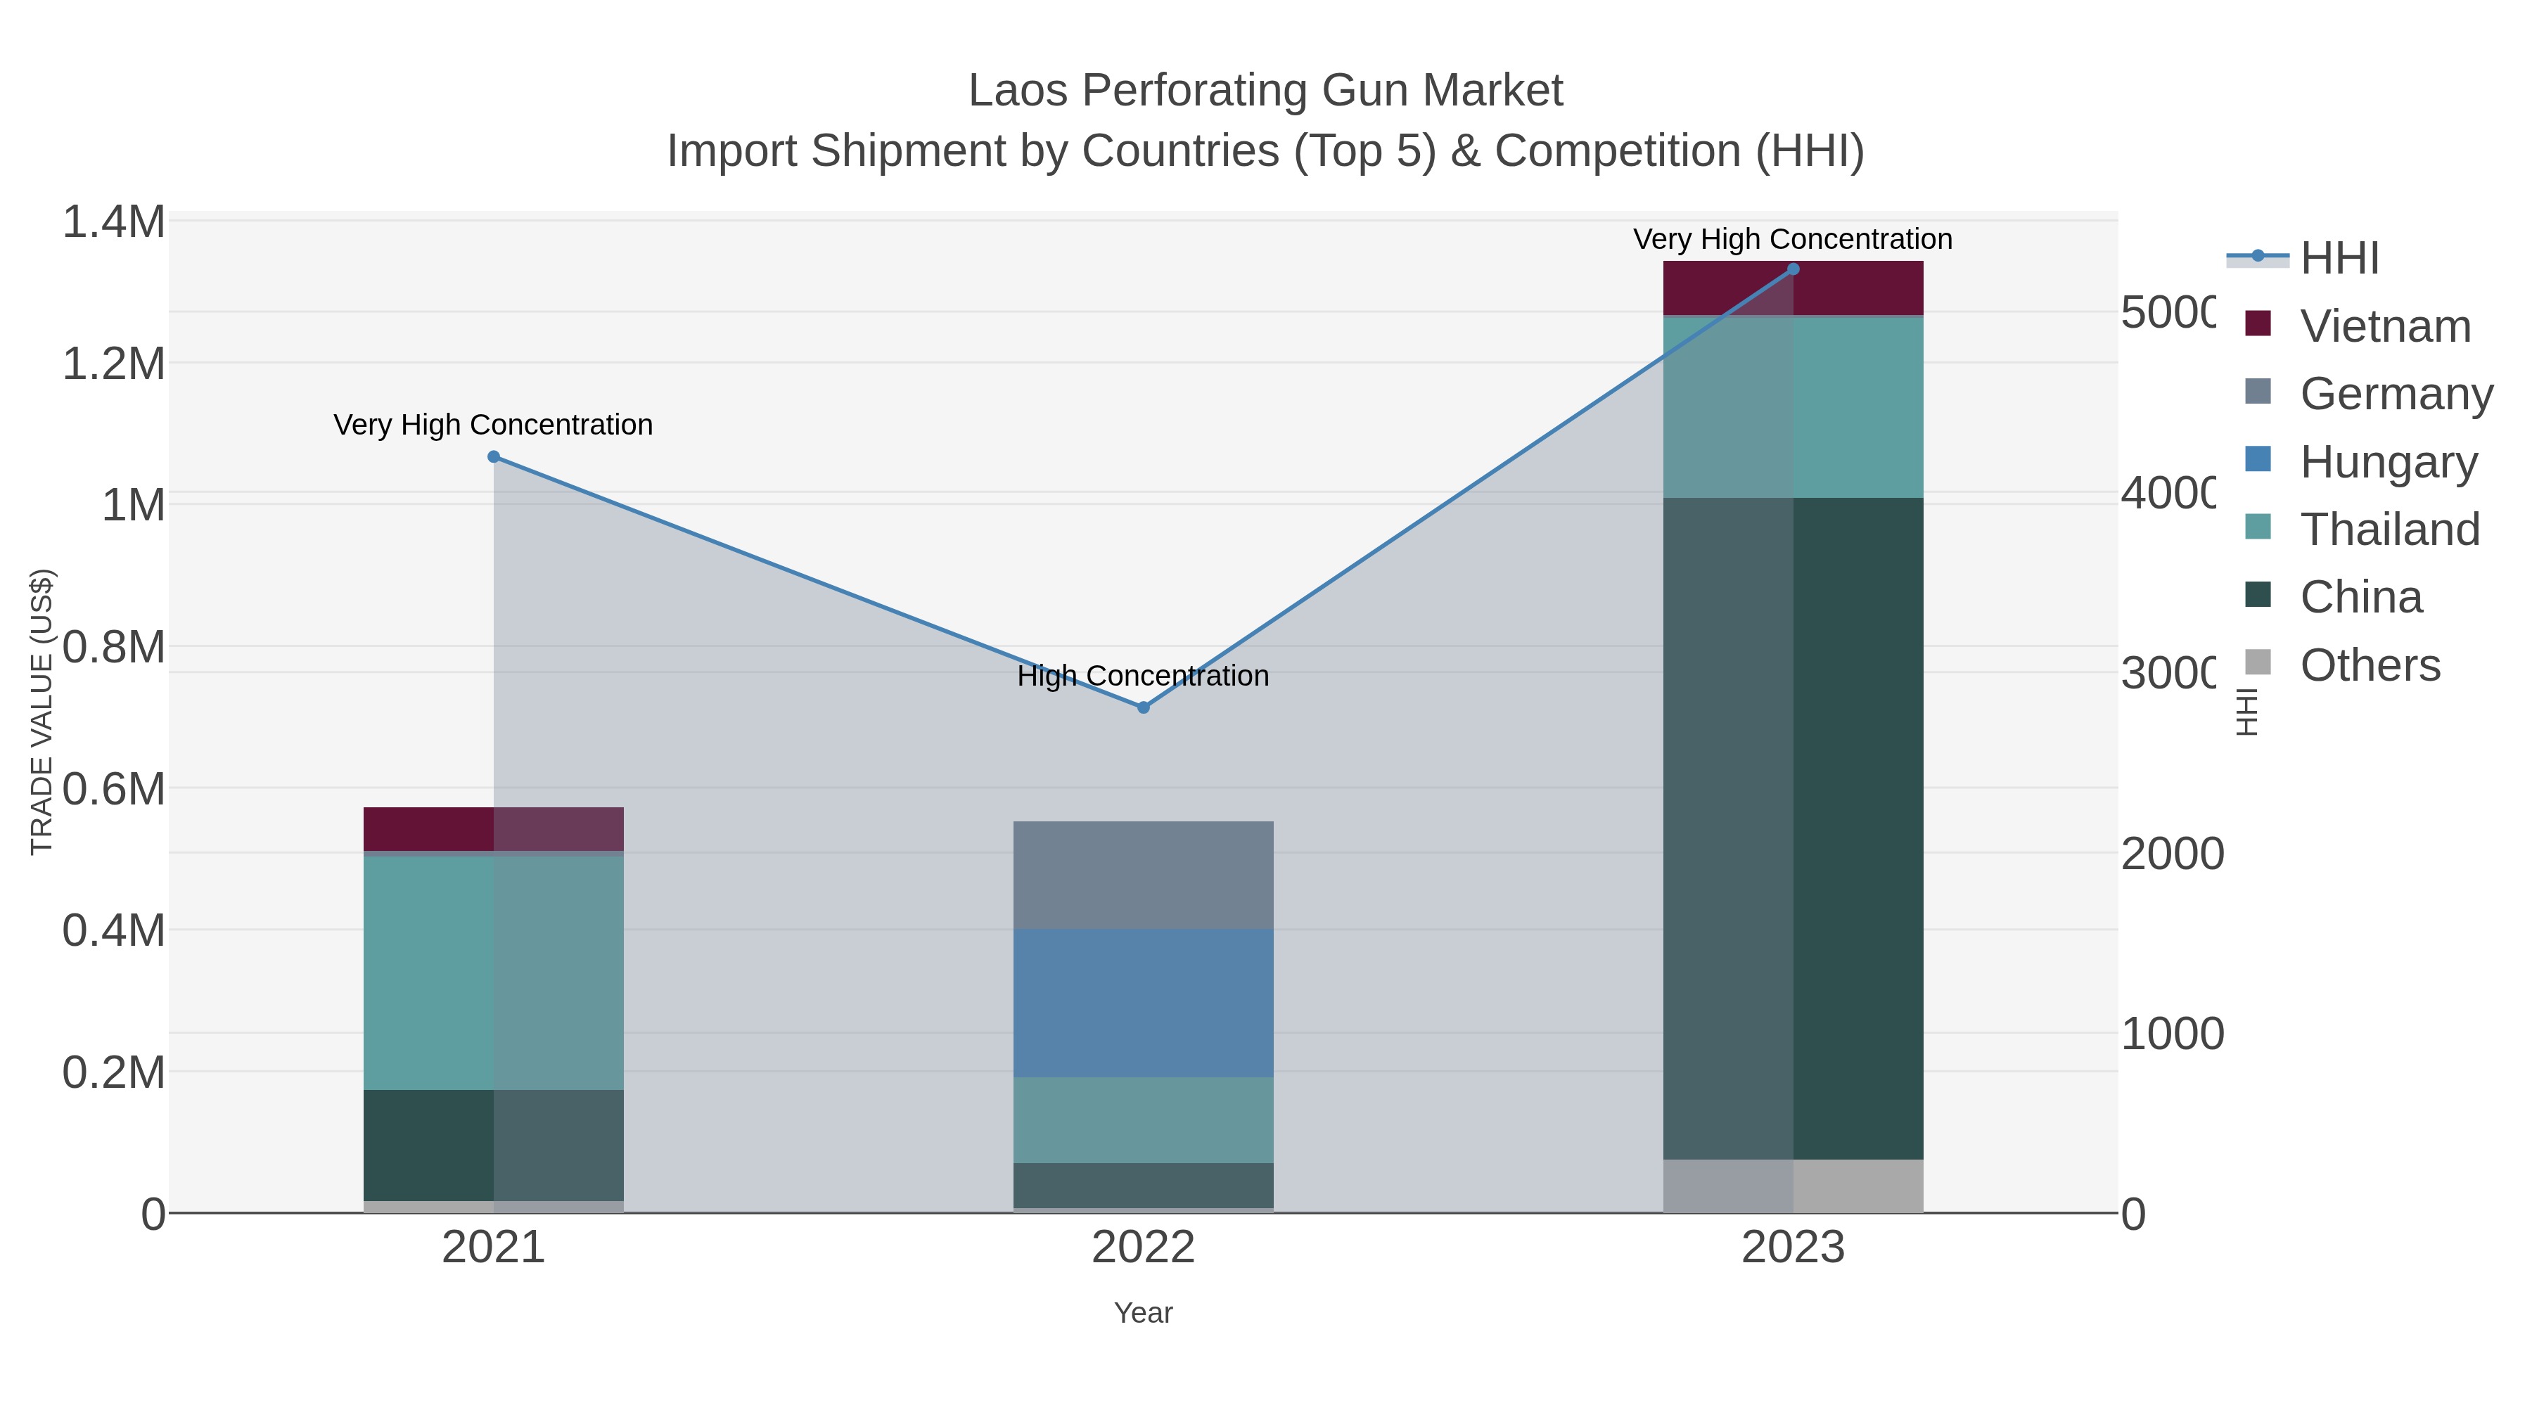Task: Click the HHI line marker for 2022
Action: [x=1143, y=707]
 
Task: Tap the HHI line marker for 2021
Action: [x=494, y=457]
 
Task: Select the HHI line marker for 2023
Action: [x=1793, y=269]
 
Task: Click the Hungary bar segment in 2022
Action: [x=1143, y=1002]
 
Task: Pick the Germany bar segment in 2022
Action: [x=1143, y=875]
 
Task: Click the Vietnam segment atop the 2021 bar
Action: [x=494, y=828]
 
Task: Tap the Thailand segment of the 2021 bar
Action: [x=494, y=973]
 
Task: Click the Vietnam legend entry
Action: [x=2384, y=326]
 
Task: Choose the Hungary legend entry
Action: [x=2389, y=462]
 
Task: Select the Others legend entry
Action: [x=2370, y=665]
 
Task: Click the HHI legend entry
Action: [x=2339, y=259]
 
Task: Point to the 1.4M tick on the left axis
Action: [x=113, y=222]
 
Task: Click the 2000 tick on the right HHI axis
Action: [x=2171, y=854]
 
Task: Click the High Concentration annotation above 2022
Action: [x=1143, y=676]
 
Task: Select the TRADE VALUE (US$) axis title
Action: [x=41, y=712]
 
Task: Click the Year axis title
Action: [x=1143, y=1313]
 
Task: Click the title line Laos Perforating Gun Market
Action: [x=1265, y=91]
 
